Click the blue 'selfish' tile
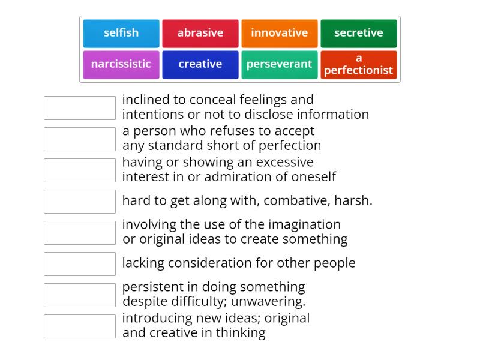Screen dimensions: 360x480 pyautogui.click(x=121, y=33)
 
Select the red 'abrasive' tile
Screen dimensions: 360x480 pyautogui.click(x=200, y=33)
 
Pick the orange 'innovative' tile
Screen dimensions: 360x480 pyautogui.click(x=280, y=33)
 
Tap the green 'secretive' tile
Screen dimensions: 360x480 pyautogui.click(x=359, y=33)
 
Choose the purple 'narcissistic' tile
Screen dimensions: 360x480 pyautogui.click(x=121, y=64)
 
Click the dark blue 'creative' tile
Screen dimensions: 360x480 pyautogui.click(x=200, y=64)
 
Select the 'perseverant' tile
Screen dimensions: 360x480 pyautogui.click(x=280, y=64)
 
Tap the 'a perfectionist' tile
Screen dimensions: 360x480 pyautogui.click(x=359, y=64)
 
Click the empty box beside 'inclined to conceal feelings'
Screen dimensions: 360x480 pyautogui.click(x=80, y=108)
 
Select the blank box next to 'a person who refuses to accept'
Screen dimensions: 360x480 pyautogui.click(x=80, y=139)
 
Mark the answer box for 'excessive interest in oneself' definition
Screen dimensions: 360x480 pyautogui.click(x=80, y=170)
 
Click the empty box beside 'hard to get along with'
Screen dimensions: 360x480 pyautogui.click(x=80, y=202)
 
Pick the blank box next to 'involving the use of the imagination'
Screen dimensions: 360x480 pyautogui.click(x=80, y=233)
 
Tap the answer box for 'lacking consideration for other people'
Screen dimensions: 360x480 pyautogui.click(x=80, y=264)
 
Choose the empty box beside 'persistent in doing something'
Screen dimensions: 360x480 pyautogui.click(x=80, y=295)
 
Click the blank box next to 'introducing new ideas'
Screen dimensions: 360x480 pyautogui.click(x=80, y=326)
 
